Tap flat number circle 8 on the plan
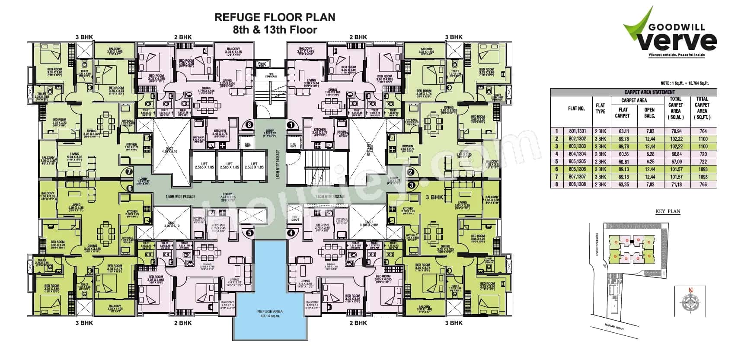[x=249, y=124]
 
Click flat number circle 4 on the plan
[x=291, y=233]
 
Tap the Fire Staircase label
[x=271, y=75]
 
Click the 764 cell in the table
[x=703, y=131]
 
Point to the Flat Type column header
[x=600, y=108]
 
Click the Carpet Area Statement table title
[x=634, y=92]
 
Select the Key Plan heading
[x=668, y=211]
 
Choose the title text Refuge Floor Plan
[x=275, y=17]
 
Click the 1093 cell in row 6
[x=703, y=169]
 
